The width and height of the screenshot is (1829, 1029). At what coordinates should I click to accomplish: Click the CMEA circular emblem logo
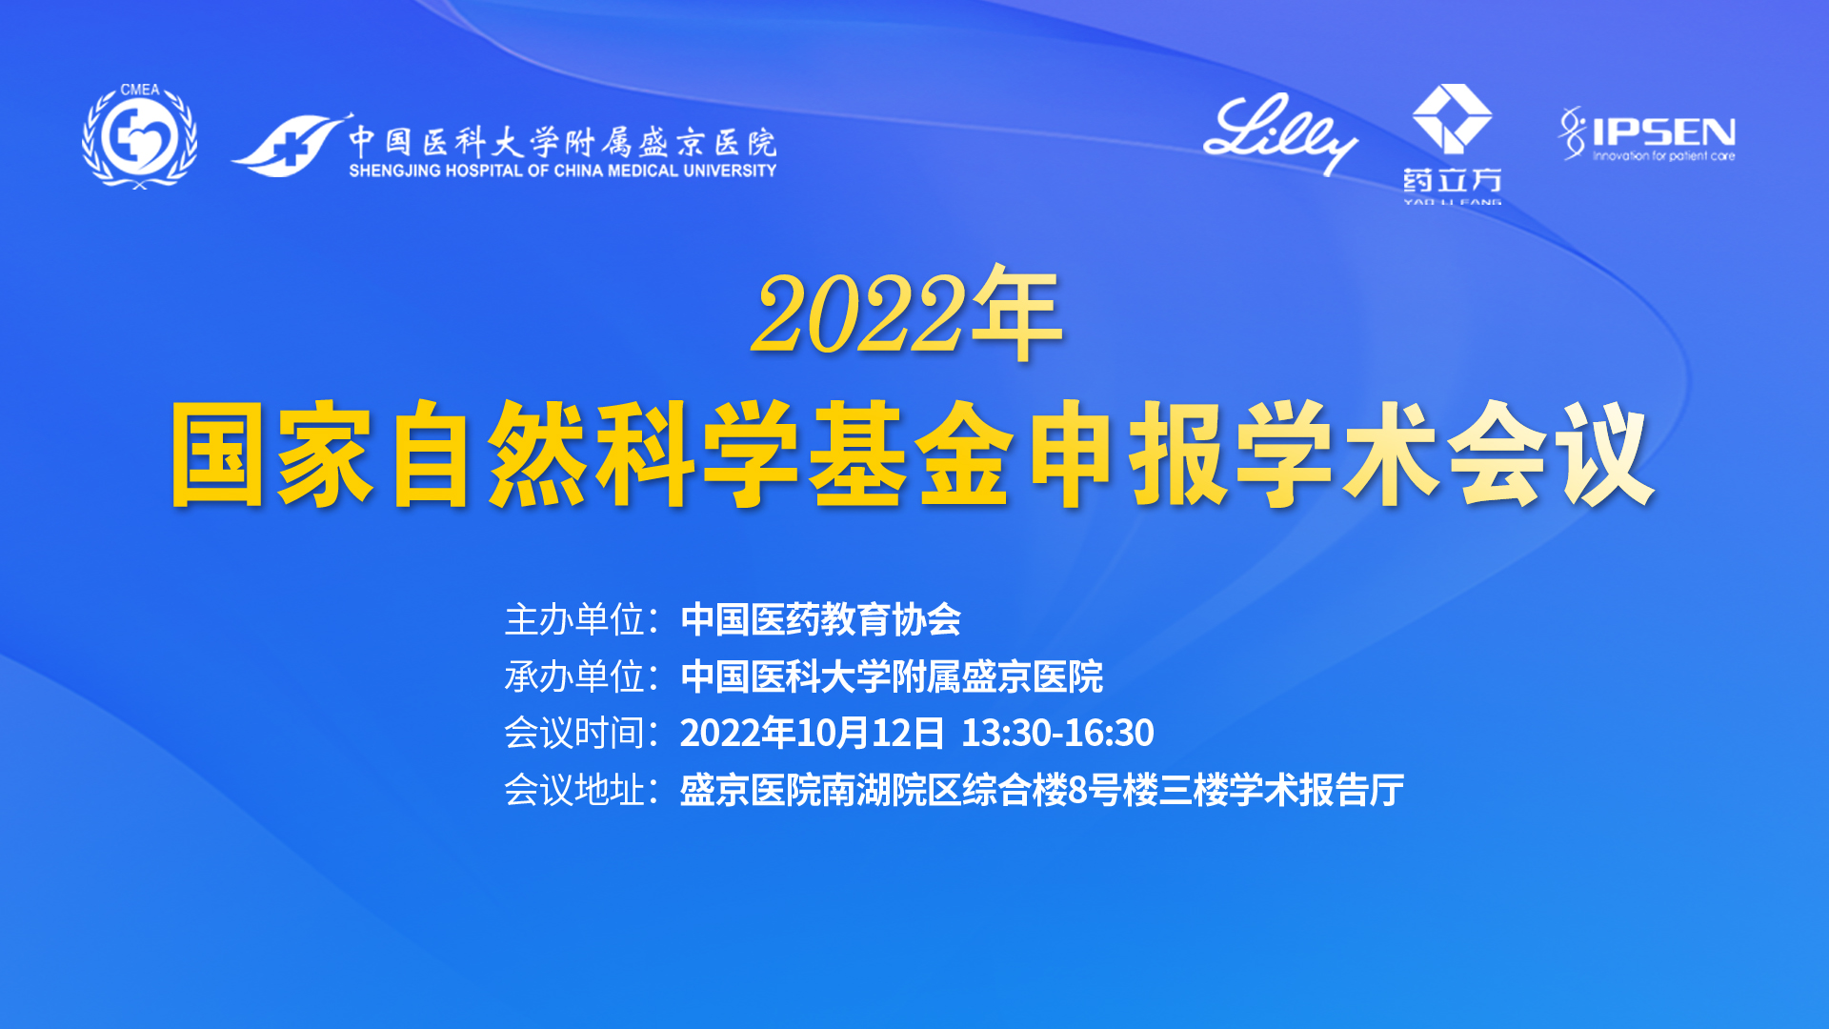pos(140,135)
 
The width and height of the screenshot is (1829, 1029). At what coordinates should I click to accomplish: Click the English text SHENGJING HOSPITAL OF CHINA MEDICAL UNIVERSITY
pos(563,171)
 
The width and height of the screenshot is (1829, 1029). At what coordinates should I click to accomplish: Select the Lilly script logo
pos(1279,134)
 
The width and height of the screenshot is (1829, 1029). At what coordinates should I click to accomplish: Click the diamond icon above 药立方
pos(1452,118)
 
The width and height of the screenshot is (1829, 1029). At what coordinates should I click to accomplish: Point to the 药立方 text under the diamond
pos(1452,180)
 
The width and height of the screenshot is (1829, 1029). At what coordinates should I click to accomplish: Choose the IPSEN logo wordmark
pos(1663,131)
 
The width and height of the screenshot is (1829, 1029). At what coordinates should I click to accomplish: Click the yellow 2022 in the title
pos(857,314)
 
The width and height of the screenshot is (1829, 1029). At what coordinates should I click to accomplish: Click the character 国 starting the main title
pos(217,454)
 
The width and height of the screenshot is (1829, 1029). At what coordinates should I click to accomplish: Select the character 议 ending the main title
pos(1603,454)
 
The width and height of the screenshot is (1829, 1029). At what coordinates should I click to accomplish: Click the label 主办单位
pos(574,620)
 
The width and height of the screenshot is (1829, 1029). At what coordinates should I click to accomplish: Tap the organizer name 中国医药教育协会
pos(821,620)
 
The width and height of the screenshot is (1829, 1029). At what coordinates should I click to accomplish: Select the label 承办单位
pos(574,676)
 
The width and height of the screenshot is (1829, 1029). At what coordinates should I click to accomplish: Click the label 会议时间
pos(574,733)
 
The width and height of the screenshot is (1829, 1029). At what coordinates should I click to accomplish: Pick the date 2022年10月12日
pos(812,733)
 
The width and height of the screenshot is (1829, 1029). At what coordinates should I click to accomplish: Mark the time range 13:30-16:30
pos(1057,733)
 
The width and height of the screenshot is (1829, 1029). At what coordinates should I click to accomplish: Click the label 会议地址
pos(574,790)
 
